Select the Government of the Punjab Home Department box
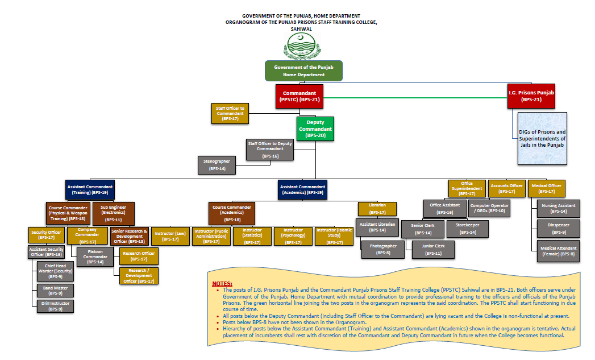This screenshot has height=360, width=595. click(303, 71)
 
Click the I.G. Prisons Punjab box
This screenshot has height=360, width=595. click(531, 96)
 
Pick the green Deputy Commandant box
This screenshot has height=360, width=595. click(315, 129)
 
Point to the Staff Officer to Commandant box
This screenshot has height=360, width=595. click(230, 113)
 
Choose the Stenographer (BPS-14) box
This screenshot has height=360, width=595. click(217, 165)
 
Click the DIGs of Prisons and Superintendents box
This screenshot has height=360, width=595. click(542, 139)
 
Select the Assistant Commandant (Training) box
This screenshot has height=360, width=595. click(90, 189)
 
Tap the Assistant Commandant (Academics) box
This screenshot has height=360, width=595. click(302, 189)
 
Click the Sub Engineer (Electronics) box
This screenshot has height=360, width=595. click(114, 213)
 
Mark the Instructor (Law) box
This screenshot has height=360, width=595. click(170, 236)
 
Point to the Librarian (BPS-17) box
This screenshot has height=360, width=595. click(377, 209)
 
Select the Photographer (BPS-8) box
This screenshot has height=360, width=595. click(380, 249)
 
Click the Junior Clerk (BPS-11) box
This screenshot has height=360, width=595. click(432, 249)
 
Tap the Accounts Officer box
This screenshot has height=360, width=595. click(506, 189)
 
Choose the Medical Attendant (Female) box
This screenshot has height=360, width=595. click(559, 251)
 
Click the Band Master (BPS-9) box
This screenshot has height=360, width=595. click(55, 291)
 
